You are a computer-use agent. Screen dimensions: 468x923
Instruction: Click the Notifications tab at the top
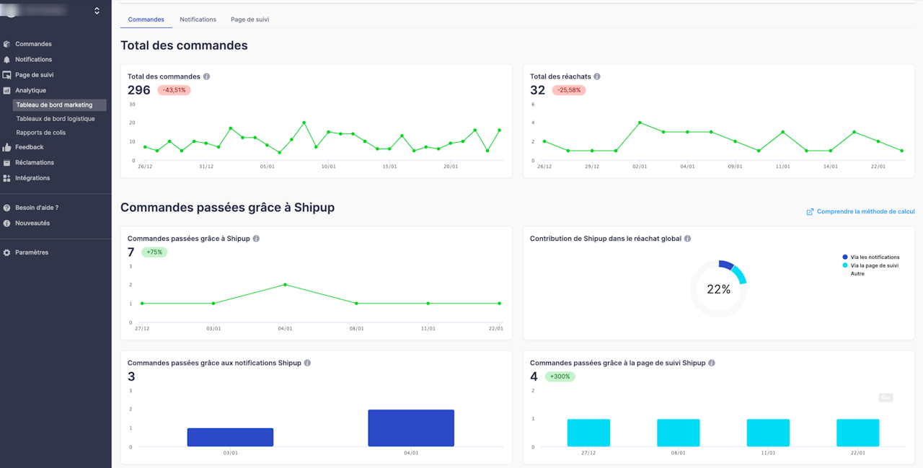pos(198,19)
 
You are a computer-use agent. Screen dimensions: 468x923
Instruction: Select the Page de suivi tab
pos(249,19)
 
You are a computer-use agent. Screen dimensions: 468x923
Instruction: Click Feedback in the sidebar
pos(29,147)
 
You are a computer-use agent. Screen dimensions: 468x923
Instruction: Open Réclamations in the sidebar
pos(35,163)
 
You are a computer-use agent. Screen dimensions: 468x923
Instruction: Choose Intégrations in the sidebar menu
pos(32,178)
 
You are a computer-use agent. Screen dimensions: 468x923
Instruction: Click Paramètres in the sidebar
pos(32,252)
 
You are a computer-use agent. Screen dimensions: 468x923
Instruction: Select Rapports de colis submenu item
pos(40,133)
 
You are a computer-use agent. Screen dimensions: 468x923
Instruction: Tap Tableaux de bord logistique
pos(56,119)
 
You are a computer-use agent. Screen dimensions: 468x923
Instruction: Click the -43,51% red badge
pos(174,90)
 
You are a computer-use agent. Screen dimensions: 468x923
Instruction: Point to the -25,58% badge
pos(569,90)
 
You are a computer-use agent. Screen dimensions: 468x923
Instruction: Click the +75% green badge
pos(154,252)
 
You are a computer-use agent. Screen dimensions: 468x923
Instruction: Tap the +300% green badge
pos(560,376)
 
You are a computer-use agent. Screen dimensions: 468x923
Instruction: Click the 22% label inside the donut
pos(718,289)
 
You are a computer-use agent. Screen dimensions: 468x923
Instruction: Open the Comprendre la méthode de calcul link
pos(861,211)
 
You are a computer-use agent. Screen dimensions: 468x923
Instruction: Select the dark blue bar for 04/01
pos(411,428)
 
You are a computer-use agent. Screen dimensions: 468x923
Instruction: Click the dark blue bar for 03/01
pos(230,437)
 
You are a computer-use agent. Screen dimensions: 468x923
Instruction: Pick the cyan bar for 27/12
pos(588,433)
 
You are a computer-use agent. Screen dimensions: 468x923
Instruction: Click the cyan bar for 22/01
pos(857,433)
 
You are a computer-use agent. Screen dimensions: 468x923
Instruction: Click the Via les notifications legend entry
pos(875,257)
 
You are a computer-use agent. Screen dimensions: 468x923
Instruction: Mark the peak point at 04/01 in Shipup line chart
pos(285,285)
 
